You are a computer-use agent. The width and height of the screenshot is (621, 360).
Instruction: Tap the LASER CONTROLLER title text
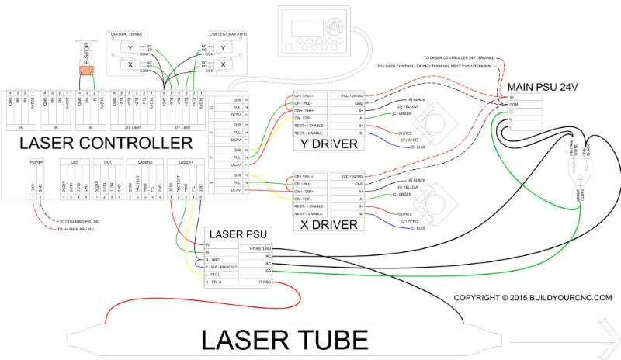tap(106, 144)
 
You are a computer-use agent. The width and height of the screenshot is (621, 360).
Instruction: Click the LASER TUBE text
tap(285, 339)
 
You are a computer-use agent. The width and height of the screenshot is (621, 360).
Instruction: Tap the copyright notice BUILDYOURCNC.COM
tap(533, 297)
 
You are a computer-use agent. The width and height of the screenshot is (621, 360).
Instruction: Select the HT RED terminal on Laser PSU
tap(260, 282)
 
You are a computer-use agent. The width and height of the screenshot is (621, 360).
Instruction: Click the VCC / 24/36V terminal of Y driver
tap(353, 95)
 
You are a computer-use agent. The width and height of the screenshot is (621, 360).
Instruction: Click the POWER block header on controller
tap(36, 162)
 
